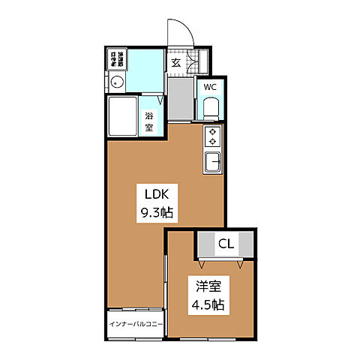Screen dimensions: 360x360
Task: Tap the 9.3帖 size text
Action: click(x=157, y=213)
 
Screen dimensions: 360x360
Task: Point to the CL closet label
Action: click(x=226, y=244)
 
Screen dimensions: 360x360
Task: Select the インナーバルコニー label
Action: click(x=136, y=324)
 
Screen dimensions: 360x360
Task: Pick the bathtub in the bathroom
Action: click(x=124, y=118)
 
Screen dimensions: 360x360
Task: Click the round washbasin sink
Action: click(x=116, y=83)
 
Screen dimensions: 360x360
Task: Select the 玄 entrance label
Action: click(x=175, y=63)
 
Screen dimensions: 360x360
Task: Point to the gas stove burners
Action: click(x=212, y=136)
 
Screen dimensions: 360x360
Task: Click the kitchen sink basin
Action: click(x=212, y=160)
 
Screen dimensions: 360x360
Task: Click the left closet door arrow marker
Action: click(x=203, y=263)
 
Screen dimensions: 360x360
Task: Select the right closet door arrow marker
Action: click(x=239, y=263)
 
